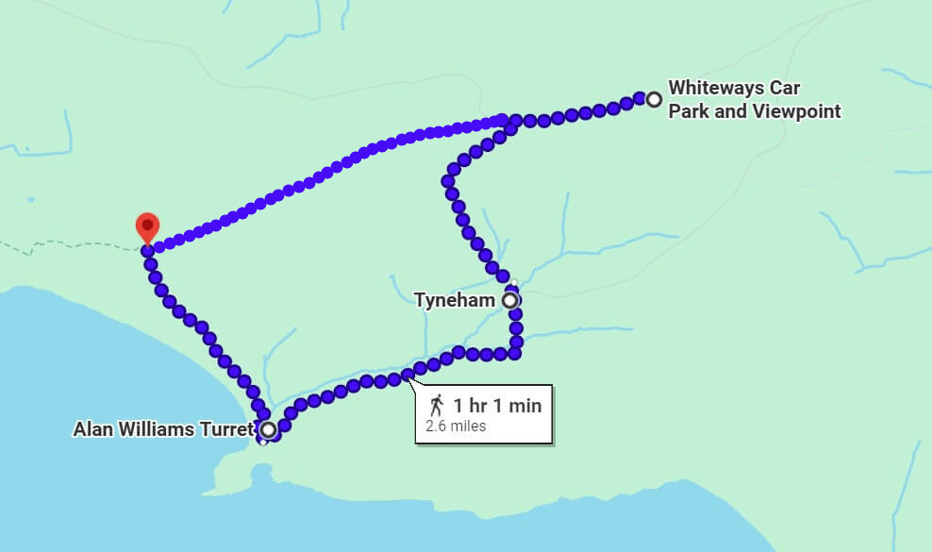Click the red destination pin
147,226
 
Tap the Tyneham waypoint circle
510,300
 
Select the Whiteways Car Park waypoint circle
654,98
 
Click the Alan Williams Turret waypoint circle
269,430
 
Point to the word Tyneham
456,300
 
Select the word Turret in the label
231,430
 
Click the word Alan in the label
92,430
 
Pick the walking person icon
437,406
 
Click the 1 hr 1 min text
497,406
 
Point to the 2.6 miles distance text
456,426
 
